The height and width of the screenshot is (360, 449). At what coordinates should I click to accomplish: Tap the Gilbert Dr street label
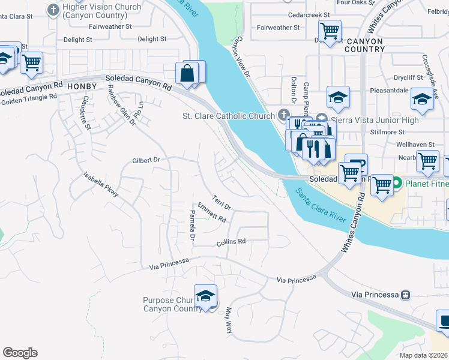point(146,160)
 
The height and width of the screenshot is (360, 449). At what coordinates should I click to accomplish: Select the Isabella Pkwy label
point(101,184)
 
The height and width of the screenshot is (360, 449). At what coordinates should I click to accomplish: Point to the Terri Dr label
point(221,202)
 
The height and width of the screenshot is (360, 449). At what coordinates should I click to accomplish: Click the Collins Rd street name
point(231,241)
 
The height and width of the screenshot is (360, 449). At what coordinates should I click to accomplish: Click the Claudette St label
point(86,112)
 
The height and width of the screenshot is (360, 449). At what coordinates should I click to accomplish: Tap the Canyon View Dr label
point(241,56)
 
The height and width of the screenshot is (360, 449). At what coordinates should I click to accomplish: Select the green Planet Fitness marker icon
point(396,184)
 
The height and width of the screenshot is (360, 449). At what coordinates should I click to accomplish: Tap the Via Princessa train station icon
point(406,295)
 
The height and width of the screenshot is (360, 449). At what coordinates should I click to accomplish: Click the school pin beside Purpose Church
point(205,296)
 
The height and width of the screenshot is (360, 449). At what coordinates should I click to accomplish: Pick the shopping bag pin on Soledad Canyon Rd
point(187,73)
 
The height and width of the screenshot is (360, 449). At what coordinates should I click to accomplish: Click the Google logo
point(20,353)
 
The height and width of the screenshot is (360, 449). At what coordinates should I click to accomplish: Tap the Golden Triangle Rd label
point(28,101)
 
